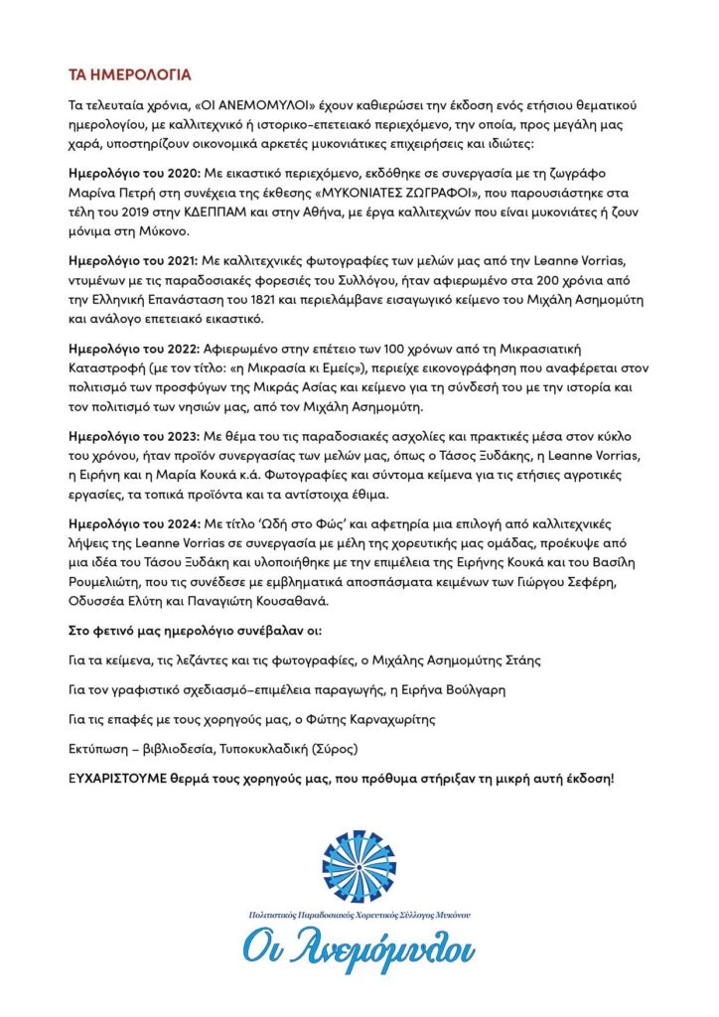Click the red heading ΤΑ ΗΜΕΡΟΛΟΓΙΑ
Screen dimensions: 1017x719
[129, 75]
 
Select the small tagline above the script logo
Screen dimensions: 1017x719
[359, 913]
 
